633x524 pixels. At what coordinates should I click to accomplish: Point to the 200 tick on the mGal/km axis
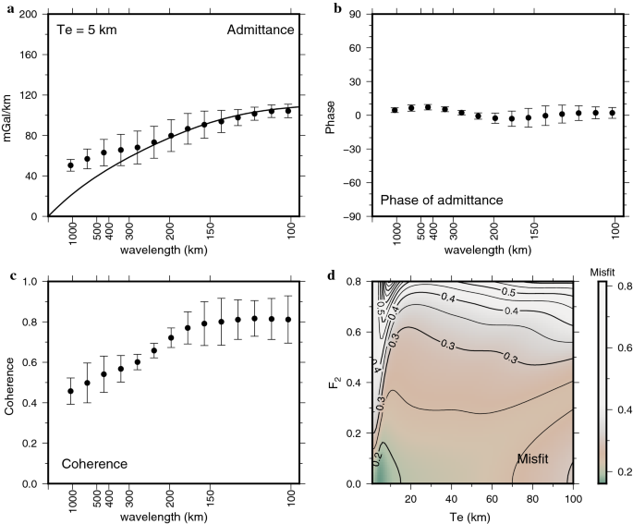[30, 16]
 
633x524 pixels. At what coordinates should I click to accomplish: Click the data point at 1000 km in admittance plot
[72, 165]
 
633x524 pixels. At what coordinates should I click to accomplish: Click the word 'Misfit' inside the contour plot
[537, 458]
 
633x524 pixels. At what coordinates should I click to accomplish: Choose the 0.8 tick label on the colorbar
[621, 287]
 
